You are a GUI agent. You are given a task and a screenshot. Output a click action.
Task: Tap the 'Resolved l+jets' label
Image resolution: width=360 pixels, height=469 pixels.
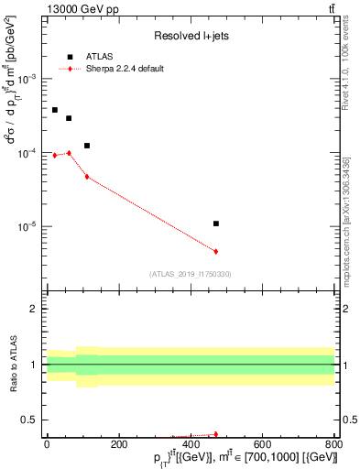click(x=190, y=36)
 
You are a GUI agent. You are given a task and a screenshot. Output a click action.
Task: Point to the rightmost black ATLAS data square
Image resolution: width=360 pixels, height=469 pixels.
click(x=216, y=224)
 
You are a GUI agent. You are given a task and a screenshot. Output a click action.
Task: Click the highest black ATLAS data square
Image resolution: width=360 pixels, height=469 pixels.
click(x=55, y=110)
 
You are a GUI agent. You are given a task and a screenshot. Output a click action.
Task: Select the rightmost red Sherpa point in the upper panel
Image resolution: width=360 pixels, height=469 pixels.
click(x=216, y=251)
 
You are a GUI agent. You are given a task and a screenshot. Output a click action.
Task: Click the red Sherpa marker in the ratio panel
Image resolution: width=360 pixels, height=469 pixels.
click(x=216, y=434)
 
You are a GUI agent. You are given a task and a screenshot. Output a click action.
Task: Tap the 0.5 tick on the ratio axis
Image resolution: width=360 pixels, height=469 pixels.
click(x=31, y=420)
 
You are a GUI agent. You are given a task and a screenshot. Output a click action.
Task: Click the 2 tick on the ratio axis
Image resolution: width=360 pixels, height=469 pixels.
click(x=35, y=309)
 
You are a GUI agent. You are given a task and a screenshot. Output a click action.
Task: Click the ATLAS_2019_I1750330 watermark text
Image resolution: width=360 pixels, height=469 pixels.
click(x=191, y=274)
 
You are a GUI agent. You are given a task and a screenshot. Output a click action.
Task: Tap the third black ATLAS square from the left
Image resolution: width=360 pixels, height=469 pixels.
click(x=87, y=146)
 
